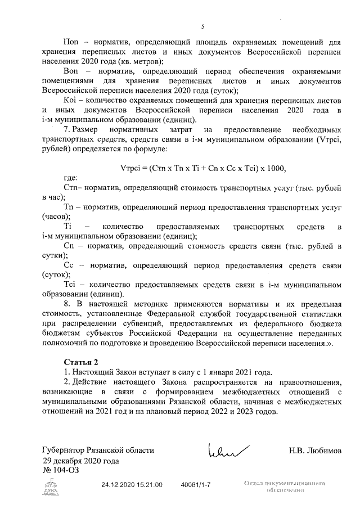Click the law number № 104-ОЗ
click(x=61, y=470)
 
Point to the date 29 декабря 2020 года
click(x=80, y=461)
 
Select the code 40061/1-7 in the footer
click(x=195, y=484)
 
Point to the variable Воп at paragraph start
click(x=71, y=72)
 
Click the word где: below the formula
click(x=70, y=178)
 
